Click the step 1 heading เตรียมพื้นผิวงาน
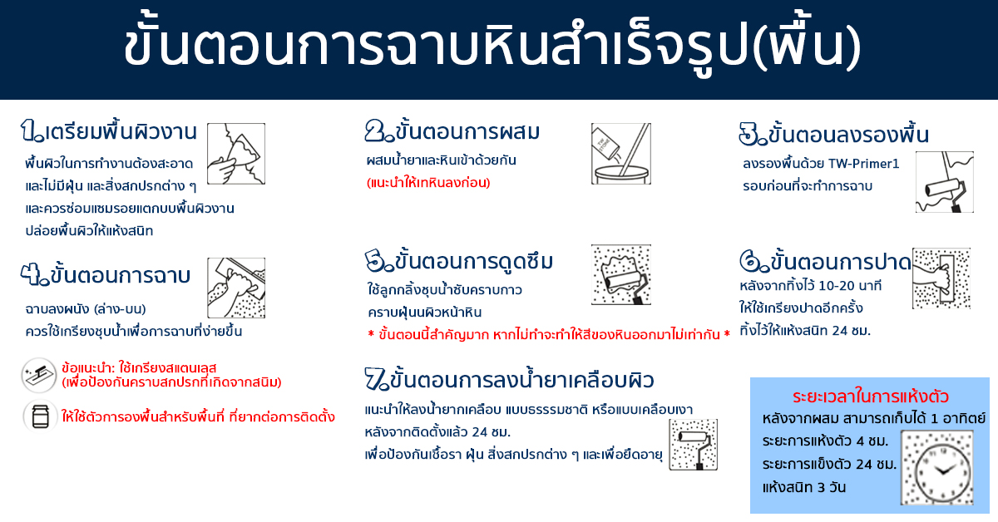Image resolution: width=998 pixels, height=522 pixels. click(121, 132)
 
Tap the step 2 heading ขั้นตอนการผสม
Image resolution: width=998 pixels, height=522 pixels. click(467, 131)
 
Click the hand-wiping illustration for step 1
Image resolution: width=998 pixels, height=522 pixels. click(236, 154)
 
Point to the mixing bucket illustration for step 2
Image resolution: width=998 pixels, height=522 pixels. click(621, 154)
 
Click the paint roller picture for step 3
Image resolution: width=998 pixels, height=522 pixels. click(945, 182)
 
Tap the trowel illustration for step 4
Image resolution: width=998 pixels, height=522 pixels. click(236, 288)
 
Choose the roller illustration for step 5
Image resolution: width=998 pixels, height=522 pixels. click(621, 274)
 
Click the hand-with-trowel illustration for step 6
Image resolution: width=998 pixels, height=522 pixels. click(941, 278)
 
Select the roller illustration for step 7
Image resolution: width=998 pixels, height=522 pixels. click(694, 445)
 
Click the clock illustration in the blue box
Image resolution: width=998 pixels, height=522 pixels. click(937, 468)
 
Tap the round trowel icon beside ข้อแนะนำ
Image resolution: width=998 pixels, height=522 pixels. click(39, 376)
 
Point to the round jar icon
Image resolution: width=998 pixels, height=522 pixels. click(40, 417)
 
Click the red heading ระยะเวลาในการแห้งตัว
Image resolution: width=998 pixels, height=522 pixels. click(871, 396)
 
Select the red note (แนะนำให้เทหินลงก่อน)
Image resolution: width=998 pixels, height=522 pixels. click(428, 183)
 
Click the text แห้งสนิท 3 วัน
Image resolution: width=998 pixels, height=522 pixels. click(804, 487)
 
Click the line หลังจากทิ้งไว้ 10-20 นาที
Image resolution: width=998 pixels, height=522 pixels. click(810, 285)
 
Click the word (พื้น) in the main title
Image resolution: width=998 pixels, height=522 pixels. click(807, 46)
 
